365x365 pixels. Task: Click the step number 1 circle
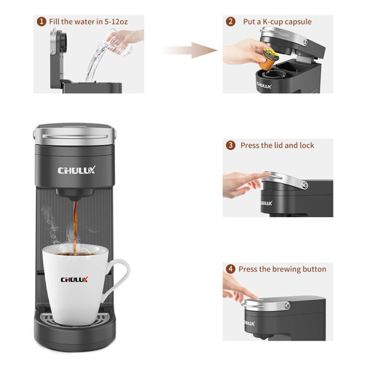(41, 22)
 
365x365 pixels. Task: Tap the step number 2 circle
(231, 22)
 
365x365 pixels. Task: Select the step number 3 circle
(231, 145)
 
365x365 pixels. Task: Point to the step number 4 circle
(231, 269)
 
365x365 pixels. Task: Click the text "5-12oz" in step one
(126, 22)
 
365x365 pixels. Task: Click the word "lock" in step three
(307, 145)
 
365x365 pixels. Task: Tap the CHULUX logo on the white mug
(74, 280)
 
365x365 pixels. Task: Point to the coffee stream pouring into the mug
(74, 225)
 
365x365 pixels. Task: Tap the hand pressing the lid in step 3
(243, 184)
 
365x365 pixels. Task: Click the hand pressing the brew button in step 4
(234, 289)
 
